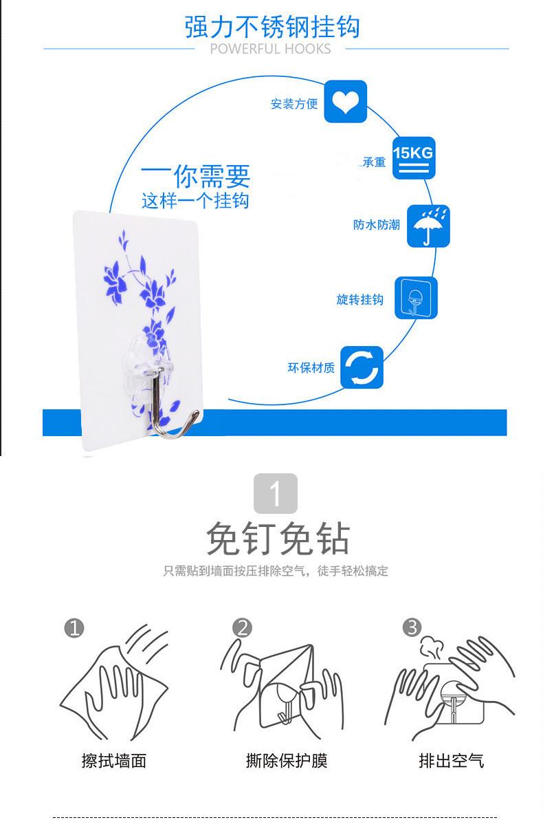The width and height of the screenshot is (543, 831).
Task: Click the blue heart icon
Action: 345,102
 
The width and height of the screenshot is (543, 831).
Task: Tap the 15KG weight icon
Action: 413,158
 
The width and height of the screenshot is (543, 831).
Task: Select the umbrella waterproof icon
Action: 429,226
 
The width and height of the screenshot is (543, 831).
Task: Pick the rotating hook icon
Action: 416,298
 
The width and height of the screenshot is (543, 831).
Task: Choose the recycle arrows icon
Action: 362,367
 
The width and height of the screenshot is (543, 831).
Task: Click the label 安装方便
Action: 294,104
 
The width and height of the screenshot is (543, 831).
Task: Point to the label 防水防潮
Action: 377,225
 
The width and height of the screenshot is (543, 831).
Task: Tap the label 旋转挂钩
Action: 359,299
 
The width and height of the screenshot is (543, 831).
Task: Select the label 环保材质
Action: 311,367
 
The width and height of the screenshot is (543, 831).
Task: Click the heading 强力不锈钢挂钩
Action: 272,28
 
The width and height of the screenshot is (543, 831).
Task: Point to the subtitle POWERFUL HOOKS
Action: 270,49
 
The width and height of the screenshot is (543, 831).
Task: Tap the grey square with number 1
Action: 276,493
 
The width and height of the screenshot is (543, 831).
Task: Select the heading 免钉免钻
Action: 278,539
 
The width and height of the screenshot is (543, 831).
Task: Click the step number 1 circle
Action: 74,627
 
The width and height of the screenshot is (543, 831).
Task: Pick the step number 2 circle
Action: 242,627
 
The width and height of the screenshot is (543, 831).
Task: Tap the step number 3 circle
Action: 411,627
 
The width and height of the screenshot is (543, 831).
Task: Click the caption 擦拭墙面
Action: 114,760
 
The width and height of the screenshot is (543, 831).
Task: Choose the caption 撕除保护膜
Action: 287,760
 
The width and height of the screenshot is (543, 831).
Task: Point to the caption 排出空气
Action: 452,760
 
